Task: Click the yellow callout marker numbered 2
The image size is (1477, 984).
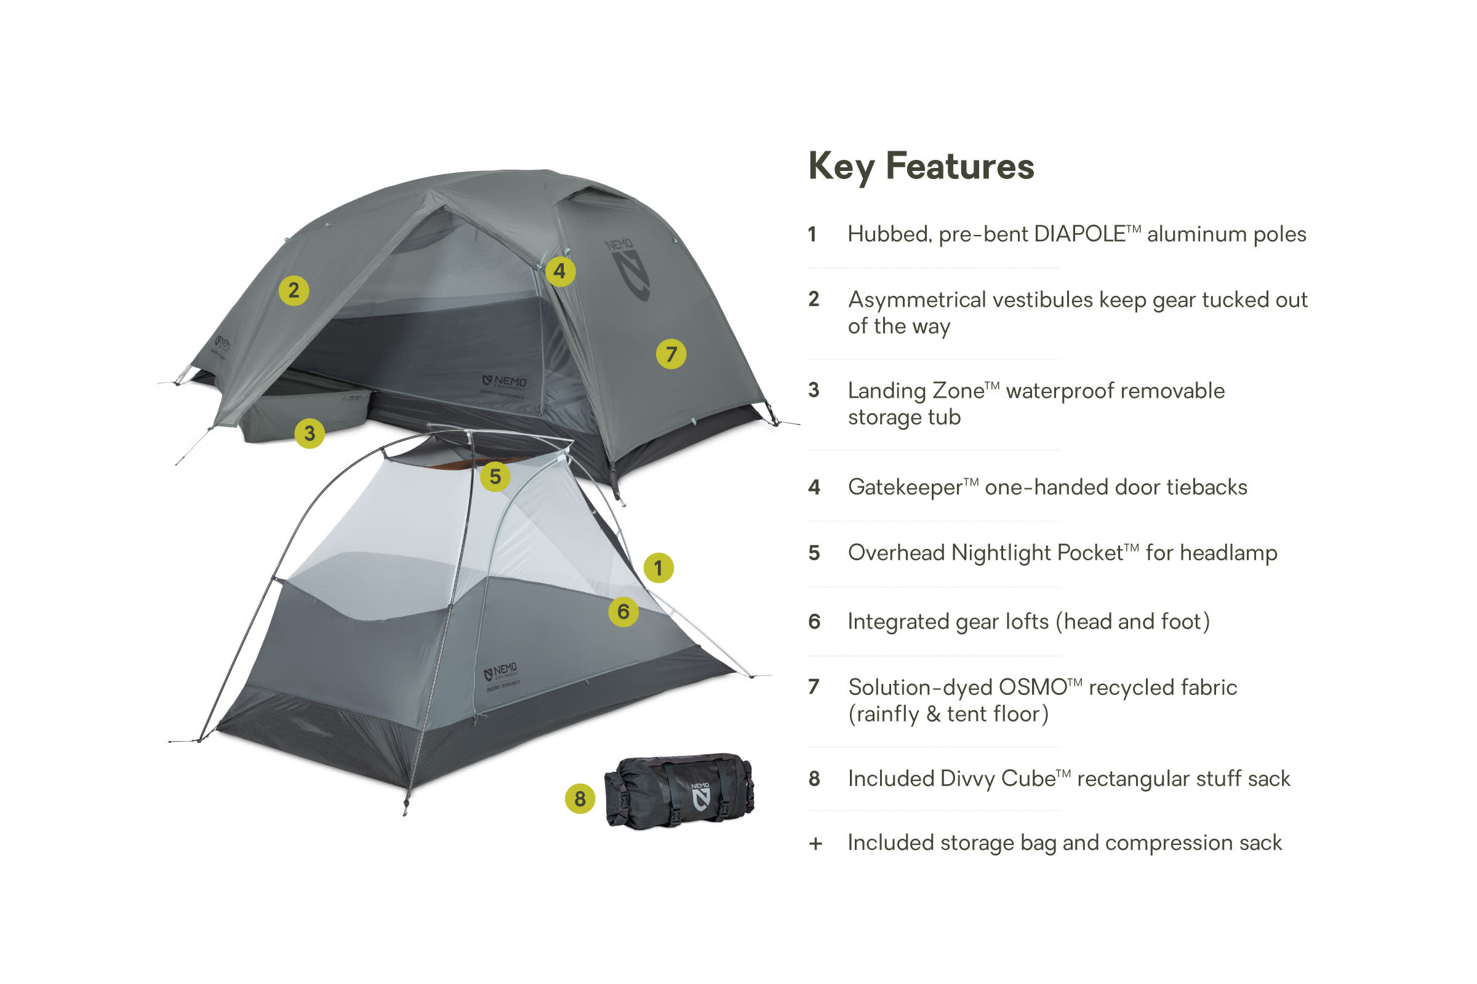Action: (294, 290)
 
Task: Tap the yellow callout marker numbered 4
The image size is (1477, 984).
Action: (559, 271)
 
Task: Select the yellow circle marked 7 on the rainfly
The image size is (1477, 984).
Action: (671, 354)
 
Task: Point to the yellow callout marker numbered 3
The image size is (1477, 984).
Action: (309, 433)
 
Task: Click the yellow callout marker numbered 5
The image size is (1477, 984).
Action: (495, 476)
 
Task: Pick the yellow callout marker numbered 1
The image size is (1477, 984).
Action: (658, 568)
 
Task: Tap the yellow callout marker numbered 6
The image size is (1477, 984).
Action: (623, 611)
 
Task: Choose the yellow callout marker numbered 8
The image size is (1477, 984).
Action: (580, 799)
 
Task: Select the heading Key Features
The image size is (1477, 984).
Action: (921, 166)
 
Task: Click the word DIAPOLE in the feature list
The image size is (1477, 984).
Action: (1079, 234)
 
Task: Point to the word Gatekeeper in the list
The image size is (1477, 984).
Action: (905, 488)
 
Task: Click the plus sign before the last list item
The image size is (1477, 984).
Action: (815, 844)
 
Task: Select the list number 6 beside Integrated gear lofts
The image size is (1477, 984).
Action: (814, 622)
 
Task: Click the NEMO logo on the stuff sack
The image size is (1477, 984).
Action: (700, 796)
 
